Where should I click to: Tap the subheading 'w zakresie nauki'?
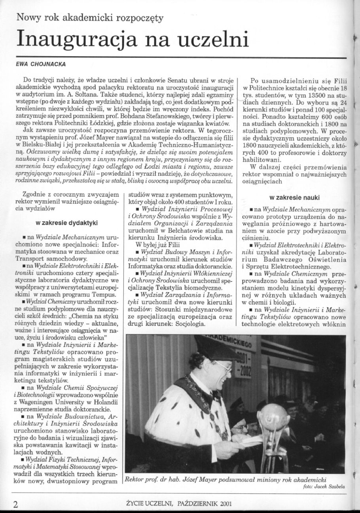coord(295,197)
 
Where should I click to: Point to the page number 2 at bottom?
coord(15,504)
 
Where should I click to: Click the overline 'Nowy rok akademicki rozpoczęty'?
coord(90,18)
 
